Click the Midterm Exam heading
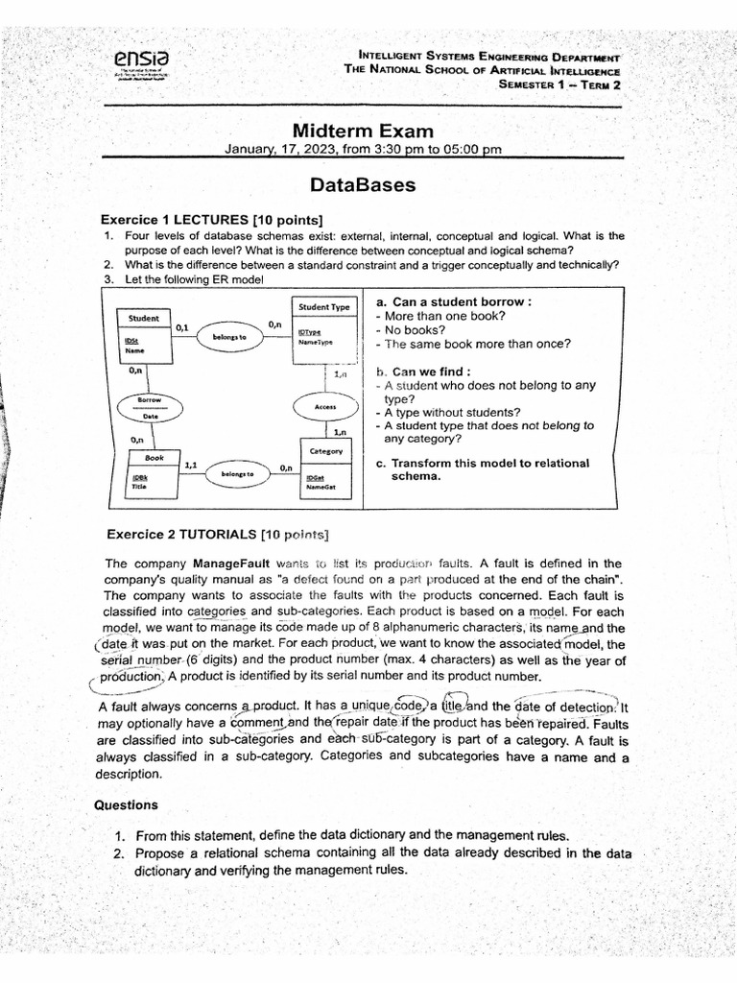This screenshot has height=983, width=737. [363, 131]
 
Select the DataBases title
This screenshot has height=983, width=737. [363, 184]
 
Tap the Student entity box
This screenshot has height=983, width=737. [143, 336]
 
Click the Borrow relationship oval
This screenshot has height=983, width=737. [149, 407]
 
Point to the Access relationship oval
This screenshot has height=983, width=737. [324, 407]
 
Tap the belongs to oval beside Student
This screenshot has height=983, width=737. [229, 338]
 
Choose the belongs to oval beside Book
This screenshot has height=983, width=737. [236, 473]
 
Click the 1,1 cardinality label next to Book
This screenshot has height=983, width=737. [190, 465]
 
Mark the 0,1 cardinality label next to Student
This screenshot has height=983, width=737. [182, 327]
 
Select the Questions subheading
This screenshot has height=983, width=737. [126, 805]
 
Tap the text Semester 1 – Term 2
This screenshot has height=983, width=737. [559, 84]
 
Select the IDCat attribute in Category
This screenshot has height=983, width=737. [315, 477]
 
